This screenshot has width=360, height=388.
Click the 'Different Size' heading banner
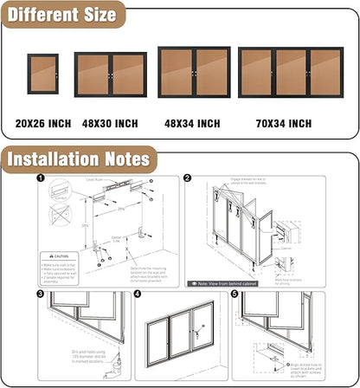tap(63, 16)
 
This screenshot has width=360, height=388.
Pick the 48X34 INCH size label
tap(192, 124)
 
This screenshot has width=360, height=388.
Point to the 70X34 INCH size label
tap(284, 124)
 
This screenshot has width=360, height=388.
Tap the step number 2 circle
tap(188, 179)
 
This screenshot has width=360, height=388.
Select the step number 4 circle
tap(137, 294)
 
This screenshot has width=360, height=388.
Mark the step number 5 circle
tap(234, 294)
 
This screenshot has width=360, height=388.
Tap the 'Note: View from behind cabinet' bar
tap(228, 282)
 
